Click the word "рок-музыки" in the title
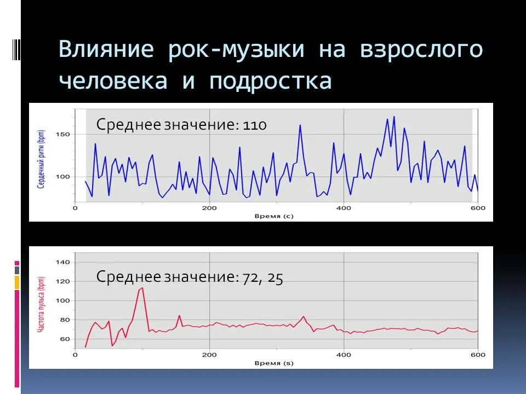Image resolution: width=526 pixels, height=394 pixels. (236, 49)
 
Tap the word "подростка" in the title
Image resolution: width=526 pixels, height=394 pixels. (270, 81)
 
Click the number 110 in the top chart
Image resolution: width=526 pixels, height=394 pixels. (255, 125)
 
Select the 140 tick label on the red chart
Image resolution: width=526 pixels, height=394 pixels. (62, 262)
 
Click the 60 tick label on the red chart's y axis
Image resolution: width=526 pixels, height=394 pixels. (64, 339)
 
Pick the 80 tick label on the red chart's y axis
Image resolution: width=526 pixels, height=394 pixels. (64, 320)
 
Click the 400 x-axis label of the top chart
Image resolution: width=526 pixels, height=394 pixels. (344, 208)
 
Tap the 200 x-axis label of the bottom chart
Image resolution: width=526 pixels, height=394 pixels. (209, 355)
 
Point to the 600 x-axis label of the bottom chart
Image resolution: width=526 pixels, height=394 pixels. (478, 355)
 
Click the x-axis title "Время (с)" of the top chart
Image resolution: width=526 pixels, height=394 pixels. (275, 216)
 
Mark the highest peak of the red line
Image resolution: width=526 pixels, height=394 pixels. (142, 288)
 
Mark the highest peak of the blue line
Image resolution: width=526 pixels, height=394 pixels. (393, 117)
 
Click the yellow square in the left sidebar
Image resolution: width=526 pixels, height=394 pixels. (17, 282)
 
